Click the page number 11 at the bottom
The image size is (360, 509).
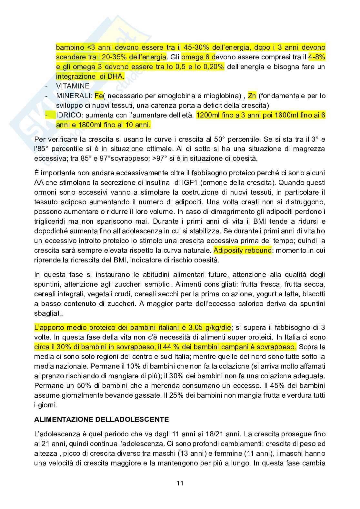180,483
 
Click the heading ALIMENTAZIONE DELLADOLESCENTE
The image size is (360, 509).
101,419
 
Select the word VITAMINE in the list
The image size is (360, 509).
73,86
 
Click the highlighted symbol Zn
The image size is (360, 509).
252,96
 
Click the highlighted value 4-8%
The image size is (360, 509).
317,57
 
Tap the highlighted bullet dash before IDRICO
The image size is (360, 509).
47,115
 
